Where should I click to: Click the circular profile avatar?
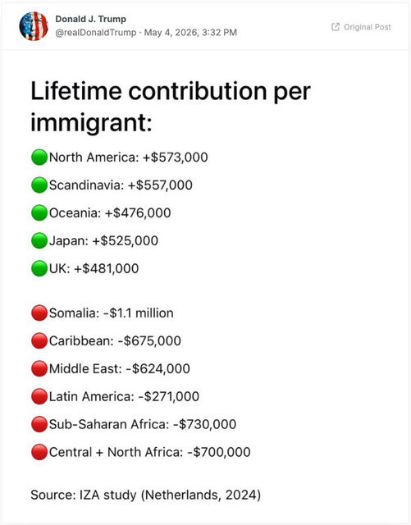[x=34, y=25]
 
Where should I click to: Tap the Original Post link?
[x=361, y=27]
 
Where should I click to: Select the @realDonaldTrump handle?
[x=96, y=33]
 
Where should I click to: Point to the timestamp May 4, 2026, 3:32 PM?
[x=190, y=33]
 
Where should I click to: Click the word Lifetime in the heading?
[x=76, y=91]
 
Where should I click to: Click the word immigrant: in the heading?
[x=91, y=122]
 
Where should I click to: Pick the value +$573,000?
[x=176, y=157]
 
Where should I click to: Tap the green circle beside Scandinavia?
[x=39, y=185]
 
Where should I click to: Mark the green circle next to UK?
[x=39, y=268]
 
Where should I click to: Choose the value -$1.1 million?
[x=139, y=313]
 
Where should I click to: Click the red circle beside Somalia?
[x=39, y=313]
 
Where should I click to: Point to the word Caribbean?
[x=81, y=341]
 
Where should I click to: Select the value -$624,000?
[x=158, y=368]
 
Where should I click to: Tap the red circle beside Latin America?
[x=39, y=396]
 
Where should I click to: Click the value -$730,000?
[x=204, y=424]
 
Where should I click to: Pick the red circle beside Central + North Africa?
[x=39, y=452]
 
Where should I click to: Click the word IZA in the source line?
[x=89, y=495]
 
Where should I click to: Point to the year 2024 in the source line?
[x=241, y=495]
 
